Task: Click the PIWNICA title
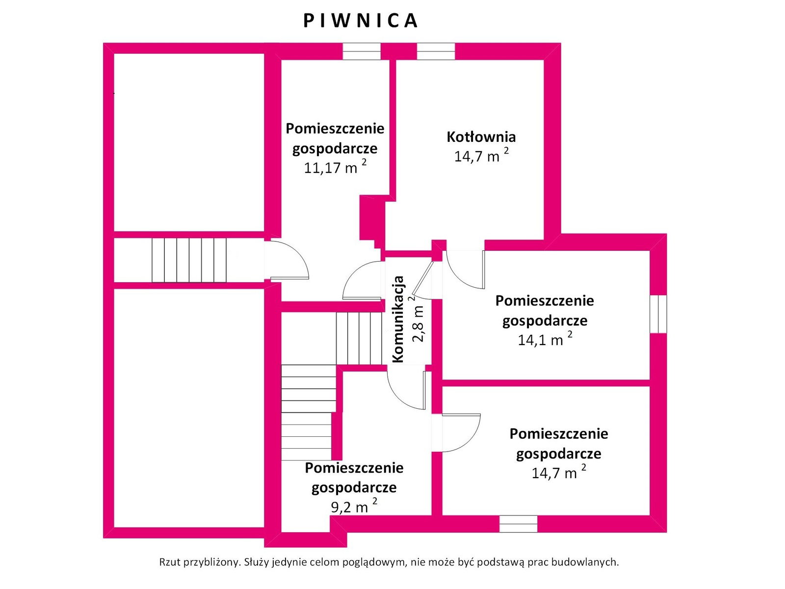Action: point(360,21)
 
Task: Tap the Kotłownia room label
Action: point(481,136)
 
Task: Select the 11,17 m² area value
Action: point(335,167)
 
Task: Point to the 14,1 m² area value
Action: point(545,339)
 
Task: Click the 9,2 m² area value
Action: point(354,507)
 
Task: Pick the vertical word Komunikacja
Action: point(398,320)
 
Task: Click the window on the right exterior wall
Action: point(658,314)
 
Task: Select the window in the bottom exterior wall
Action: point(518,524)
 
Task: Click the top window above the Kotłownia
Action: point(436,51)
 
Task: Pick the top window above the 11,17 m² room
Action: point(362,51)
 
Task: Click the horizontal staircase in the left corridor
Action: point(189,260)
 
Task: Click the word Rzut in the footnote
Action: point(170,562)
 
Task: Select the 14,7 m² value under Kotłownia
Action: point(481,156)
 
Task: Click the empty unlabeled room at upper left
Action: point(189,142)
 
